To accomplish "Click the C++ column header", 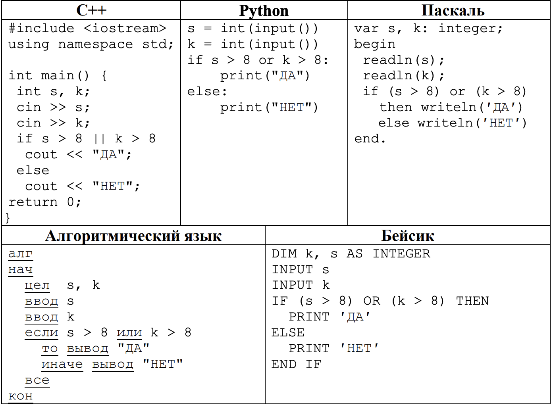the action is pos(91,10).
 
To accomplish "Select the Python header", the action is pos(264,11).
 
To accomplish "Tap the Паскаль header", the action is pos(453,10).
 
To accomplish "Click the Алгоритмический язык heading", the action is pos(133,236).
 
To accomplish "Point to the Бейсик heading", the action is pos(408,236).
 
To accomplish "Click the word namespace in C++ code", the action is pos(96,44).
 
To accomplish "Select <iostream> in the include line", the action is pos(125,28).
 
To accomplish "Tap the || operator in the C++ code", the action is pos(100,138).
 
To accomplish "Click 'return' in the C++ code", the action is pos(33,202).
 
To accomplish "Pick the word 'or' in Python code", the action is pos(266,60).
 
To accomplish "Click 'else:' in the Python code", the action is pos(207,92).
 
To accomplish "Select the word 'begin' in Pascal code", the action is pos(374,44).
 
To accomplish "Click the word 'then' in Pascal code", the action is pos(396,107).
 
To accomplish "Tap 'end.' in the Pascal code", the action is pos(370,138).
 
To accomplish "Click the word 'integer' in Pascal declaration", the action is pos(470,29).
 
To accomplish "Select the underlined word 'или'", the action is pos(129,333).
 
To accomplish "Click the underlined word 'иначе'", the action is pos(62,365).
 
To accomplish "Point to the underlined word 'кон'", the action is pos(21,396).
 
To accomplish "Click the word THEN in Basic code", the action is pos(472,301).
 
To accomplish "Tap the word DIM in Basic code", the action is pos(284,254).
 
